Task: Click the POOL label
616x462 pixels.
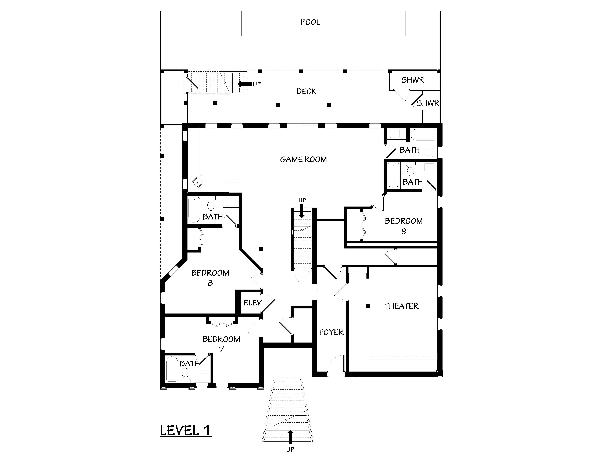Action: [x=310, y=22]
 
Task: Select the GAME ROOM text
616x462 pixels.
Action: [x=303, y=159]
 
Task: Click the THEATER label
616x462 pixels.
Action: [x=402, y=306]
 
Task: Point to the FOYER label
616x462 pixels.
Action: [x=331, y=332]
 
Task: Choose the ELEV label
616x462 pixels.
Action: [x=253, y=303]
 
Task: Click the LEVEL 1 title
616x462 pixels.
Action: [x=185, y=431]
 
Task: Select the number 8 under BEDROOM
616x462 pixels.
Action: [x=210, y=283]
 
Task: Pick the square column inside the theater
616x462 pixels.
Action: [x=368, y=306]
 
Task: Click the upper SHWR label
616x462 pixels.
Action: [x=413, y=80]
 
